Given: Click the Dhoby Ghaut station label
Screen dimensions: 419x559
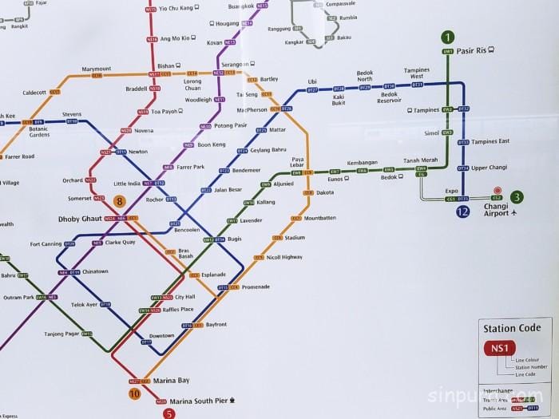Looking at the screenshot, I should (x=81, y=218).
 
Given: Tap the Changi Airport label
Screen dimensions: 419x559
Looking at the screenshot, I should (x=496, y=210).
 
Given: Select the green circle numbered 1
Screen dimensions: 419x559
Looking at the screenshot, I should (x=448, y=37).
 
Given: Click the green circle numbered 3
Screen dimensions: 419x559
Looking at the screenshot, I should (x=517, y=197).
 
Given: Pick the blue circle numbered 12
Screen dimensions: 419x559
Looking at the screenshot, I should (x=463, y=211).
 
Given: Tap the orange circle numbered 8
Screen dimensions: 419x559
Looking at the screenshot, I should (x=119, y=202).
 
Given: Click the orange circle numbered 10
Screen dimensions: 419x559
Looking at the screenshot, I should (x=134, y=393).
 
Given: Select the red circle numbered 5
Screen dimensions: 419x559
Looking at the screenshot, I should (x=169, y=413).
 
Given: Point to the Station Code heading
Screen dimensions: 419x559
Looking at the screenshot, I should (x=511, y=328).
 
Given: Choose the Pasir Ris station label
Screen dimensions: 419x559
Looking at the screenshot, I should (x=471, y=50).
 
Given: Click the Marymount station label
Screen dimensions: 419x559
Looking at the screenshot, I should (x=96, y=69).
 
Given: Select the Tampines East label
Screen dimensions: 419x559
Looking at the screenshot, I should (x=490, y=142).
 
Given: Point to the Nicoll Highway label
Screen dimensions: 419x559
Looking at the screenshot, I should (x=283, y=257).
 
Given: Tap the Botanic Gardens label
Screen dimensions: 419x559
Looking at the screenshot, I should (x=39, y=131).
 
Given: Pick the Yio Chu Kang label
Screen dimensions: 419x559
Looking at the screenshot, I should (x=176, y=8).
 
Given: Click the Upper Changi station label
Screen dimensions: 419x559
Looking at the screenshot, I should (x=489, y=168).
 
